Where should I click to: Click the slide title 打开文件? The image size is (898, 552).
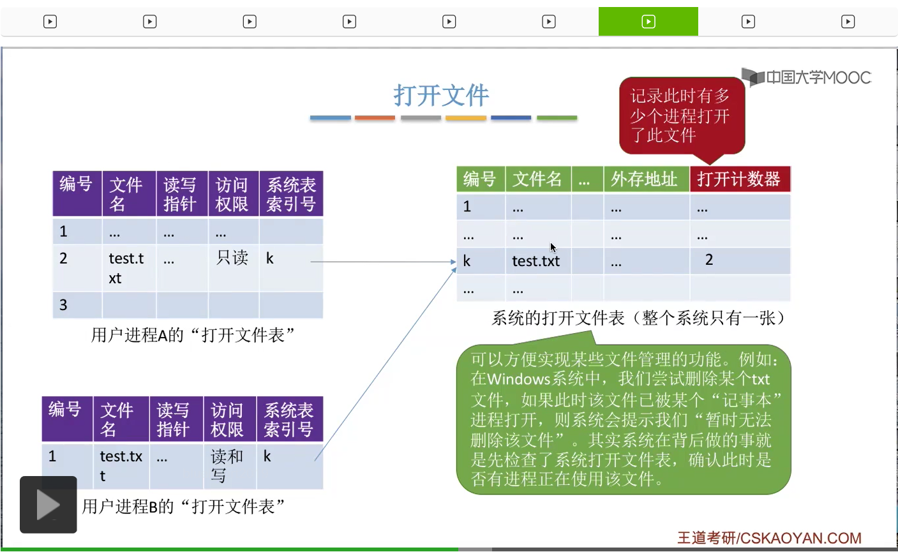pos(441,96)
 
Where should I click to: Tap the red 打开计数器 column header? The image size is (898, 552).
pos(739,179)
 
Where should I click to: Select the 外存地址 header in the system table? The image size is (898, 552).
pos(645,179)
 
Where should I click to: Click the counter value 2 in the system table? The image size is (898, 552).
pos(709,260)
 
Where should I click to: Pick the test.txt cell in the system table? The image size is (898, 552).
pos(535,261)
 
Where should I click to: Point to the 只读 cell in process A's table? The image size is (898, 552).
pos(232,258)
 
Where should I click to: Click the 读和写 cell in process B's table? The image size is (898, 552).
pos(227,465)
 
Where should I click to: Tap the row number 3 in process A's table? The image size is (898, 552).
pos(63,305)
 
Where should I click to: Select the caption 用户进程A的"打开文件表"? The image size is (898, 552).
pos(193,335)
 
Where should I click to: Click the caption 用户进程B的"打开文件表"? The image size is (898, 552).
pos(183,507)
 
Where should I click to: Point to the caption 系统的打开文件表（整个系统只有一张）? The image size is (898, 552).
pos(638,318)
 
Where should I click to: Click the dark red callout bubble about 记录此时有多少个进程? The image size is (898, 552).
pos(681,116)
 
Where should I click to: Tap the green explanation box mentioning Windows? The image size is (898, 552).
pos(623,419)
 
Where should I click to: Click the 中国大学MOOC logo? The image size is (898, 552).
pos(807,78)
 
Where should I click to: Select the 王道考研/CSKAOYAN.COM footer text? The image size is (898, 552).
pos(769,538)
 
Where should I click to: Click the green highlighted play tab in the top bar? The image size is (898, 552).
pos(648,22)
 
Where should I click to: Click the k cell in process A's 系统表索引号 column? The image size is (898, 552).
pos(270,258)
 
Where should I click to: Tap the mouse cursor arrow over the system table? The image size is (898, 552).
pos(553,248)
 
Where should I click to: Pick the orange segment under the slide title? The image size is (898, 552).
pos(375,118)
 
